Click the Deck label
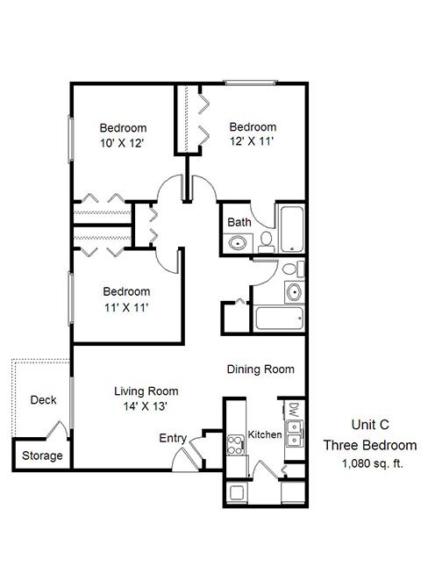(43, 400)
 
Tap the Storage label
(42, 455)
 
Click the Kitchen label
(264, 434)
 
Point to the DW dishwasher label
(294, 409)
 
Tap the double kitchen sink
(296, 431)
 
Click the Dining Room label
(260, 369)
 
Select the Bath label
(239, 222)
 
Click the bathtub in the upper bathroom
(292, 226)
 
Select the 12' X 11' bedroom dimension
(252, 141)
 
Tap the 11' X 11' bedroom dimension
(125, 307)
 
